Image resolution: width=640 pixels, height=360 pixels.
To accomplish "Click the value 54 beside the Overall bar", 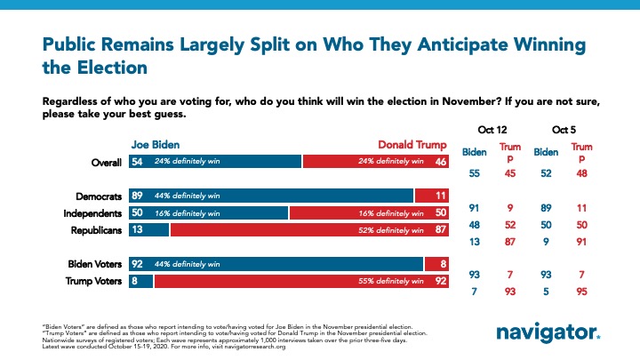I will point(113,161).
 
